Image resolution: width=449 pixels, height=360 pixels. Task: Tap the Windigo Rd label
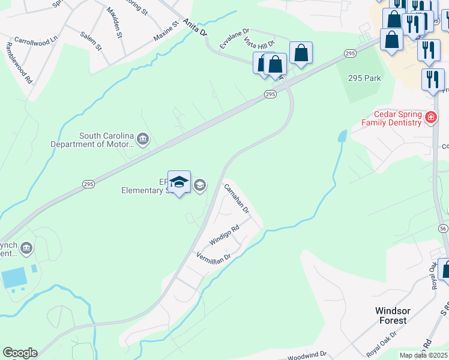coord(224,235)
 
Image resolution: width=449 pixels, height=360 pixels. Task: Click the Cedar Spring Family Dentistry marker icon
coord(430,118)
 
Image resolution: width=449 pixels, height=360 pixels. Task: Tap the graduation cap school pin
coord(179,182)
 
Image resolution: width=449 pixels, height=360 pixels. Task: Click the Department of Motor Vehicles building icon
coord(143,140)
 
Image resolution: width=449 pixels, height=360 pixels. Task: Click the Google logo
coord(20,353)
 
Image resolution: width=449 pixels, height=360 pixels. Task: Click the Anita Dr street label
coord(196,26)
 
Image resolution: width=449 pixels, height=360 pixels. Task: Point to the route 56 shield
coord(443,229)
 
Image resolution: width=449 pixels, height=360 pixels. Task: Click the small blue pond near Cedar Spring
coord(342,136)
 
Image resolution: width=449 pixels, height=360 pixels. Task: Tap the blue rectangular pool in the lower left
coord(14,278)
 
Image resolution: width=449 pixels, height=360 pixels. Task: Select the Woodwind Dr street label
coord(306,356)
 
